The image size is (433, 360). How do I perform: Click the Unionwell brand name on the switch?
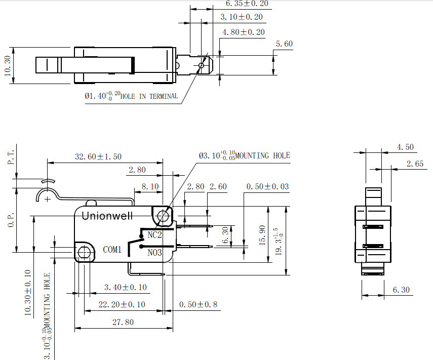coord(107,216)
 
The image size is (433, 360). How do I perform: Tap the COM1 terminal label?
coord(112,250)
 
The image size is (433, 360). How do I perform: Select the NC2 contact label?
coord(154,235)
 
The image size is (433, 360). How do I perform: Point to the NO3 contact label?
coord(154,252)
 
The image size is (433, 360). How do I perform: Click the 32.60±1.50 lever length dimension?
coord(98,156)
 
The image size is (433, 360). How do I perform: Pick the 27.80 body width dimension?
coord(123,322)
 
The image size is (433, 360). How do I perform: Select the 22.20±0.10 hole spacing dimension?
coord(122,304)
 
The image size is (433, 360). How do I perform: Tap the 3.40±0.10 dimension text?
coord(126,287)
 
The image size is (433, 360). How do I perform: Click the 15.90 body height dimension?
coord(262,235)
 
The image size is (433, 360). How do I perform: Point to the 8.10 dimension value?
coord(150,187)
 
